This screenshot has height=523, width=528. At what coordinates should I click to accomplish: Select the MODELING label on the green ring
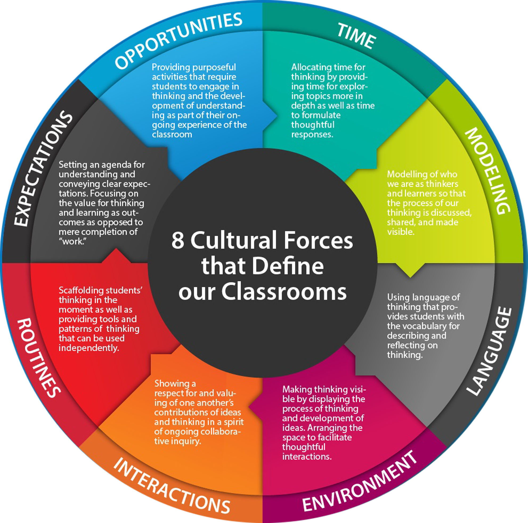[x=488, y=170]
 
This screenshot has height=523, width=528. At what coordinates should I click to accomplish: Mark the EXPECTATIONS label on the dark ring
[x=43, y=168]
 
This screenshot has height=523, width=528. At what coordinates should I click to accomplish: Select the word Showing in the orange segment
[x=172, y=384]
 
